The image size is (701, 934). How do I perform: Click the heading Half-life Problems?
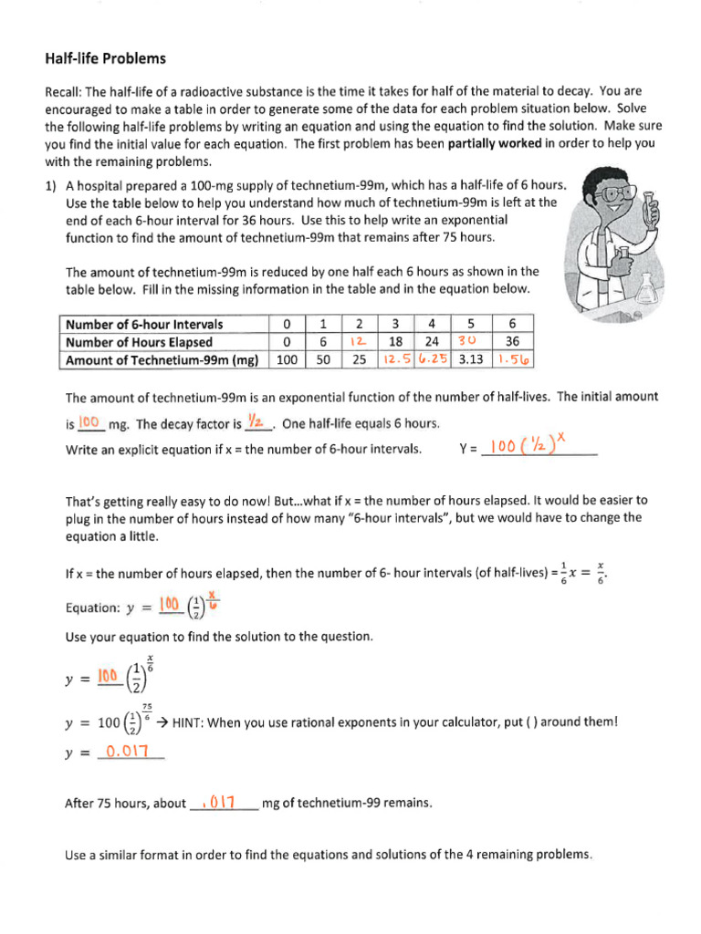click(106, 58)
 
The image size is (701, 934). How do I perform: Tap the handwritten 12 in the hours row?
click(359, 342)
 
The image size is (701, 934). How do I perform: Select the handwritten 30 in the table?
click(470, 342)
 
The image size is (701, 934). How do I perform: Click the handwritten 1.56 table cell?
click(514, 359)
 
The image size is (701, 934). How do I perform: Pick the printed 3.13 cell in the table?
click(470, 359)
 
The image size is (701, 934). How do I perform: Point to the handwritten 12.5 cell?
click(395, 359)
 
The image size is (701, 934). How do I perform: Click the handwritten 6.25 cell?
click(433, 359)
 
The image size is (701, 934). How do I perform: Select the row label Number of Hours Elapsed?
click(134, 342)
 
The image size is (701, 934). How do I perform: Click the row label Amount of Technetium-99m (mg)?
click(162, 359)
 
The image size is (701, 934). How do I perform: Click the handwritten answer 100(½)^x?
click(529, 447)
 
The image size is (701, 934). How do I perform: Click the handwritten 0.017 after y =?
click(133, 752)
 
